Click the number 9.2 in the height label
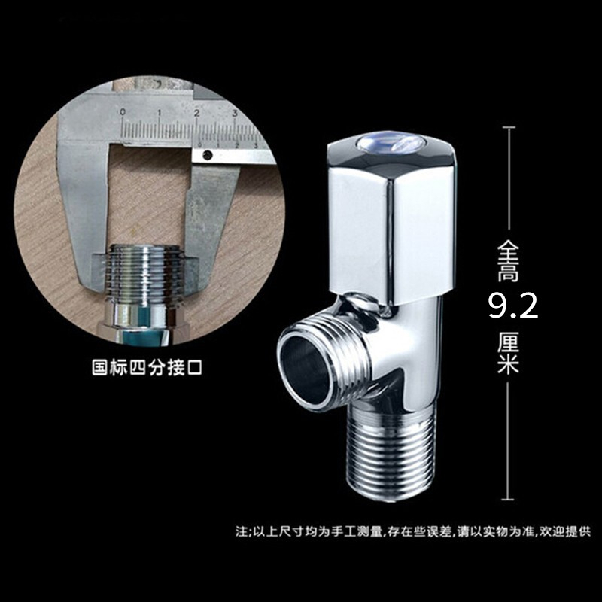pos(513,306)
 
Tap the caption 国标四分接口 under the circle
pos(147,367)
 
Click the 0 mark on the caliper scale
pos(123,112)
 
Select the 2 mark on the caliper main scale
pos(196,113)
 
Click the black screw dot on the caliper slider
pos(208,155)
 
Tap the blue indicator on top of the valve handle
pos(391,144)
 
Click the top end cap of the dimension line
pos(509,127)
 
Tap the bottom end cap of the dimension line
pos(508,500)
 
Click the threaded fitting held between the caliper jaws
pos(143,275)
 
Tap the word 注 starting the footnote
pos(242,532)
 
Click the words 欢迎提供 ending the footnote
pos(565,532)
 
